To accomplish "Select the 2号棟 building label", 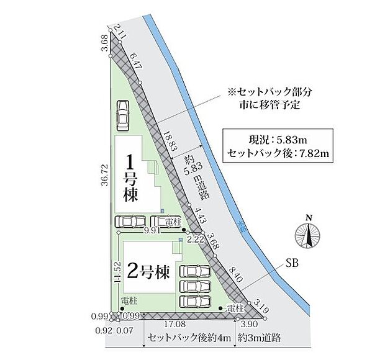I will [x=148, y=271].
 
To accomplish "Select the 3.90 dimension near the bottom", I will [x=248, y=324].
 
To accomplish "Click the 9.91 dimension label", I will [x=152, y=230].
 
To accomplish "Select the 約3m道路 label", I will [x=260, y=338].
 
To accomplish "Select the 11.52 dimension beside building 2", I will [x=116, y=272].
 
